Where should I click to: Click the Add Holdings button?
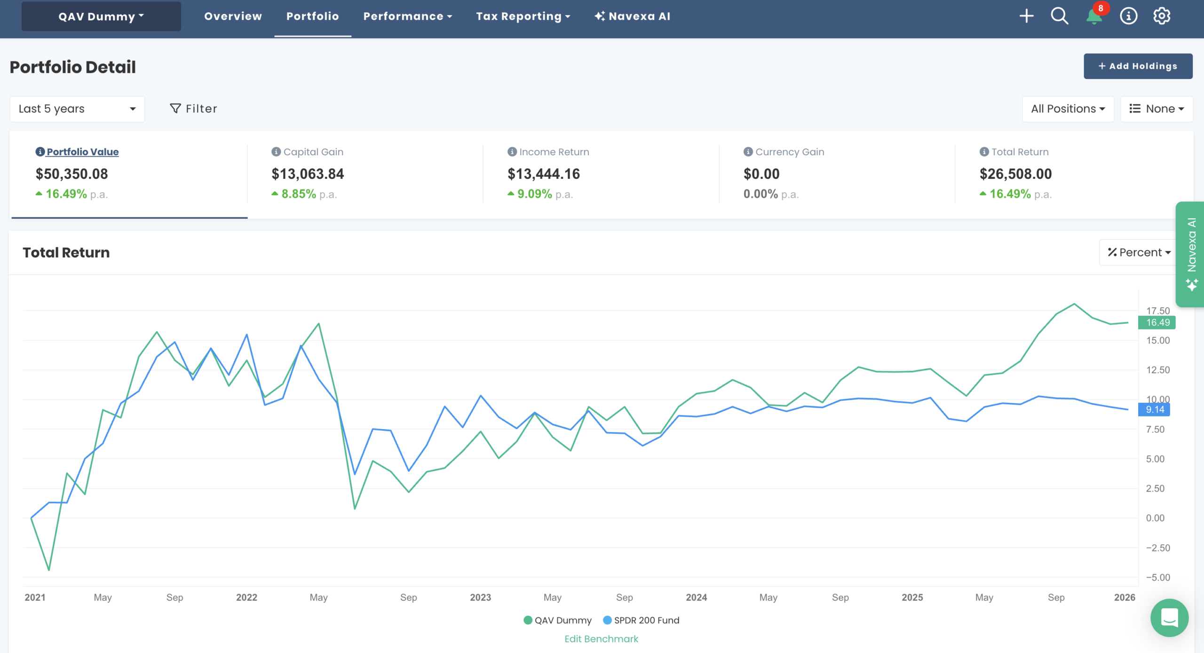[1138, 66]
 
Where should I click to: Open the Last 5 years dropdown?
[77, 109]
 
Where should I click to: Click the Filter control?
[193, 109]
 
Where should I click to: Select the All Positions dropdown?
[1068, 109]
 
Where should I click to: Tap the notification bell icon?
[1094, 16]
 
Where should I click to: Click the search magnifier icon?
[1059, 16]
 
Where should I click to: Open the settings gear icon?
[1162, 16]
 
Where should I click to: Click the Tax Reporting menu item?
[523, 16]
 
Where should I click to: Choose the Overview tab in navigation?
[233, 16]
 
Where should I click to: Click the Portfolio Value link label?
[82, 152]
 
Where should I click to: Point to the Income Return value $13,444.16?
[544, 174]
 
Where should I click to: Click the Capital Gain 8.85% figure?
[299, 194]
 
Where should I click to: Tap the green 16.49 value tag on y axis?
[1157, 323]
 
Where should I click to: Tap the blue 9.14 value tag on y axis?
[1155, 410]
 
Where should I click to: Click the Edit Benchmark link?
[601, 639]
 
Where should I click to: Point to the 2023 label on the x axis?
[480, 597]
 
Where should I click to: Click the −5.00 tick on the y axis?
[1158, 578]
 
